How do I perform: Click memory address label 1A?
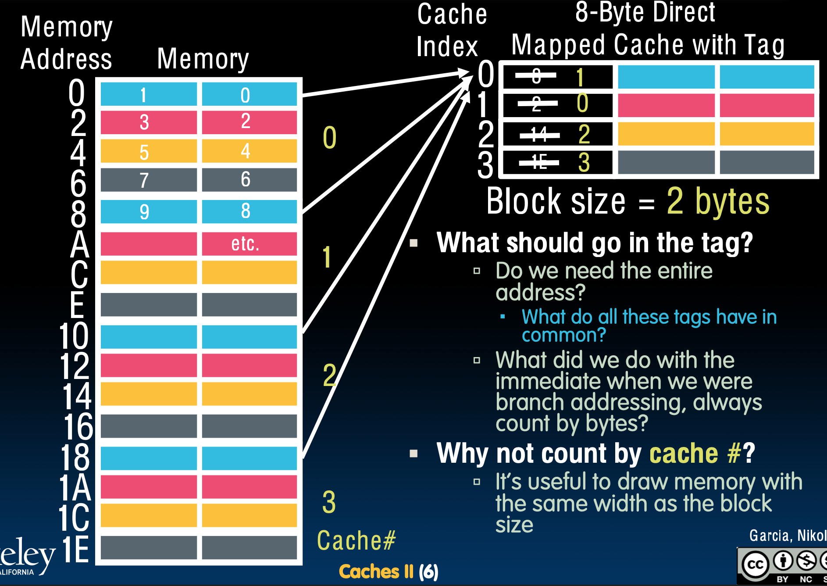point(75,488)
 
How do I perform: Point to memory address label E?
point(77,305)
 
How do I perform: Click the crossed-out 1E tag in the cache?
point(539,163)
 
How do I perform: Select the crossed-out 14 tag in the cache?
point(539,134)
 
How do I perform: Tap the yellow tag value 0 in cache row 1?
point(582,104)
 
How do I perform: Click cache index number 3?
point(485,165)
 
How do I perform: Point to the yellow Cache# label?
point(356,540)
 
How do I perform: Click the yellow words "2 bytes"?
point(718,201)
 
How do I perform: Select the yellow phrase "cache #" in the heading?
point(695,453)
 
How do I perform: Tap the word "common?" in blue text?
point(563,335)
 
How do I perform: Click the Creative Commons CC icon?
point(755,564)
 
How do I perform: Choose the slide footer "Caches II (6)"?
point(389,572)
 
